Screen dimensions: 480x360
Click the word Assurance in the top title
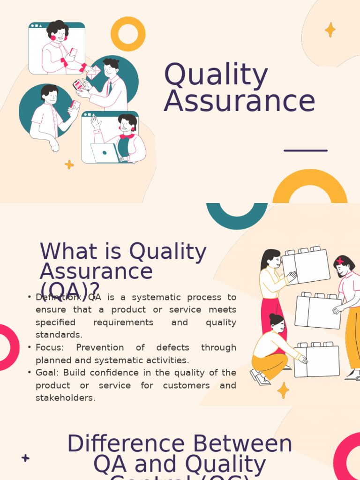(x=239, y=101)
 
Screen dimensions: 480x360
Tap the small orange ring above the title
(x=128, y=34)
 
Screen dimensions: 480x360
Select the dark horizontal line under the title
(x=306, y=150)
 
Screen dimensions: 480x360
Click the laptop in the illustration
(x=105, y=153)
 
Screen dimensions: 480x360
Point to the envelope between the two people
(x=93, y=71)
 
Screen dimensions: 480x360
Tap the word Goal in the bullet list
(x=46, y=373)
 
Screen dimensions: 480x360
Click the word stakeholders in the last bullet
(x=65, y=398)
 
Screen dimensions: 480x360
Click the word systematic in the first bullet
(x=155, y=297)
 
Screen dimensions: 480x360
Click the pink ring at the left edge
(x=7, y=347)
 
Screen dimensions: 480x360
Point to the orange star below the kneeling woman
(x=283, y=390)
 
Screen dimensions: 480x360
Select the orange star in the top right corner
(x=330, y=30)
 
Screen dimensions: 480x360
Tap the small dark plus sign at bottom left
(x=26, y=458)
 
